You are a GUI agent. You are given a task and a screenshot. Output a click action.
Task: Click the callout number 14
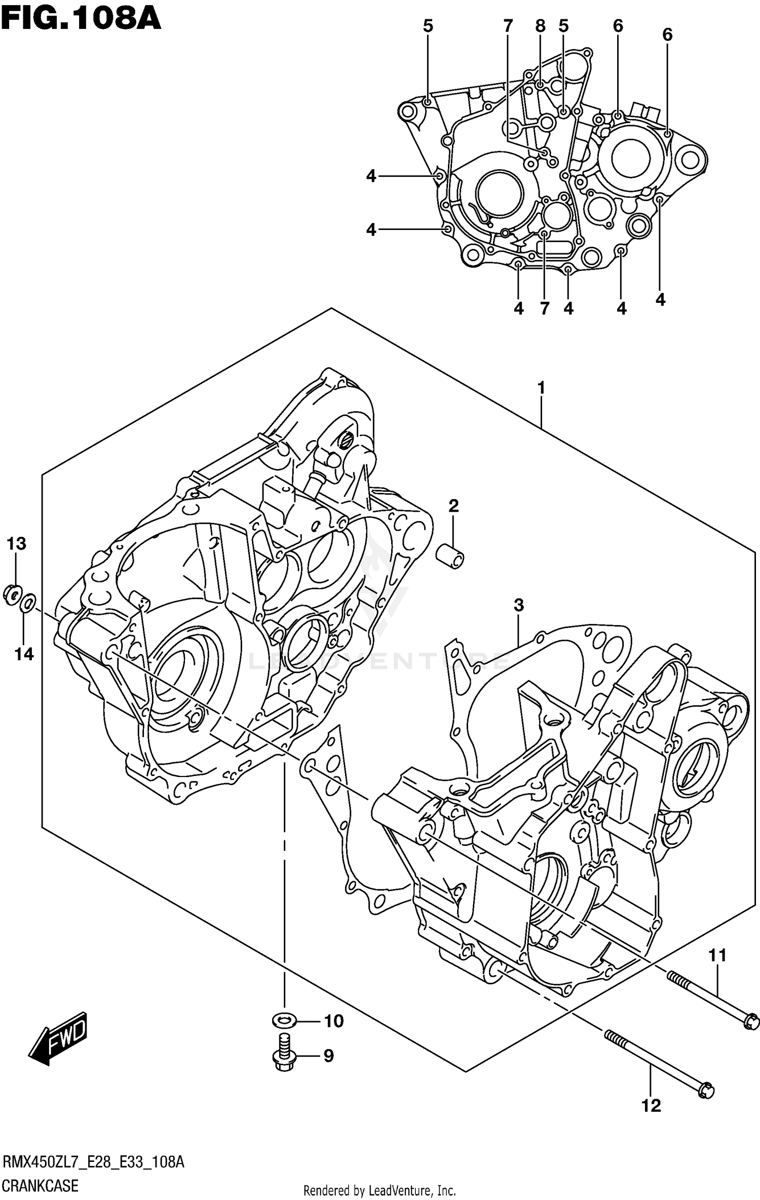pyautogui.click(x=23, y=654)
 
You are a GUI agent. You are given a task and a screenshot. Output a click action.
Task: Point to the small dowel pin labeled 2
pyautogui.click(x=450, y=555)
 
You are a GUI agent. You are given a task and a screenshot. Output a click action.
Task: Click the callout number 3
pyautogui.click(x=518, y=605)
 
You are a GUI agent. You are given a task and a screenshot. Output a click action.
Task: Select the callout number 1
pyautogui.click(x=541, y=389)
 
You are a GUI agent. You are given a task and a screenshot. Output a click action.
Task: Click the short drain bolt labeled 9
pyautogui.click(x=284, y=1055)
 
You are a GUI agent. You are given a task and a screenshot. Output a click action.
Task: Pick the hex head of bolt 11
pyautogui.click(x=751, y=1021)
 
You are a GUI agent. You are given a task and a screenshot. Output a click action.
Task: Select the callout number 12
pyautogui.click(x=651, y=1106)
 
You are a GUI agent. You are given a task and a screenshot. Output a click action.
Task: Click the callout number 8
pyautogui.click(x=540, y=26)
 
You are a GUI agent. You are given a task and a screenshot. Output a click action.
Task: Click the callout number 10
pyautogui.click(x=333, y=1021)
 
